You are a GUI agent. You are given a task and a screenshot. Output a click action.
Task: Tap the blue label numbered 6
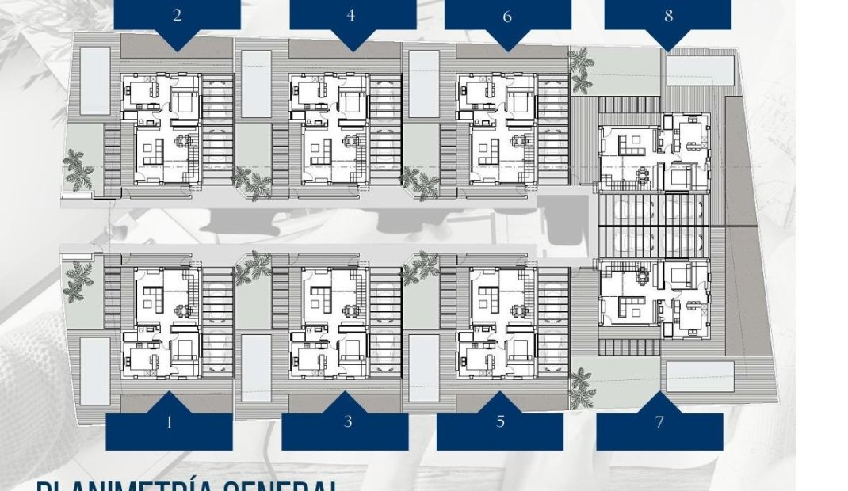click(507, 16)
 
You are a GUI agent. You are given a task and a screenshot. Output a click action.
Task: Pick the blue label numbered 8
click(667, 16)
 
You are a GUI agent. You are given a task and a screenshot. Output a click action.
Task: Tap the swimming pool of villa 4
click(256, 85)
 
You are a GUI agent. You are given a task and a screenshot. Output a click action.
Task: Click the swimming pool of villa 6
click(424, 85)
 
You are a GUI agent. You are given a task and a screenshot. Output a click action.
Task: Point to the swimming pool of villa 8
click(700, 70)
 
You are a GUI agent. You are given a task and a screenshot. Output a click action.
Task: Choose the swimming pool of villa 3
click(256, 366)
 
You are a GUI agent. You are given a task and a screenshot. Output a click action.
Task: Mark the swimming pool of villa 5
click(424, 367)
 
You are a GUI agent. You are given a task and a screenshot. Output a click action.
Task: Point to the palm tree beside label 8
click(581, 69)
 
